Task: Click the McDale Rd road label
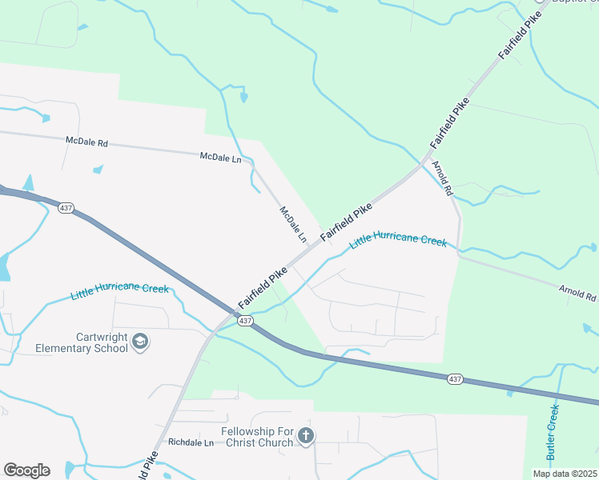[86, 142]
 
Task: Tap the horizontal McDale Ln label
[220, 158]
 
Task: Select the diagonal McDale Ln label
[293, 225]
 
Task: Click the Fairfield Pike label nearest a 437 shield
[263, 289]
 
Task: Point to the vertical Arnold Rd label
[443, 178]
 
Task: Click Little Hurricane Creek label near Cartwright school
[119, 290]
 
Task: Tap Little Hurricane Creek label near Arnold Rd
[398, 242]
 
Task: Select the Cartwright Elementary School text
[82, 342]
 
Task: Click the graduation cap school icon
[140, 342]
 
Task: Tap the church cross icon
[305, 436]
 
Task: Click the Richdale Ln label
[189, 442]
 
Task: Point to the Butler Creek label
[553, 432]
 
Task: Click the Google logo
[26, 470]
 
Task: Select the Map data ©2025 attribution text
[564, 474]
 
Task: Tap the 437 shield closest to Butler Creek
[455, 378]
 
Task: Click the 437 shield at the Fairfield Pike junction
[245, 321]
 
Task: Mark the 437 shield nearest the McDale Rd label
[66, 207]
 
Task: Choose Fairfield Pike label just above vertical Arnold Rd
[449, 123]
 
